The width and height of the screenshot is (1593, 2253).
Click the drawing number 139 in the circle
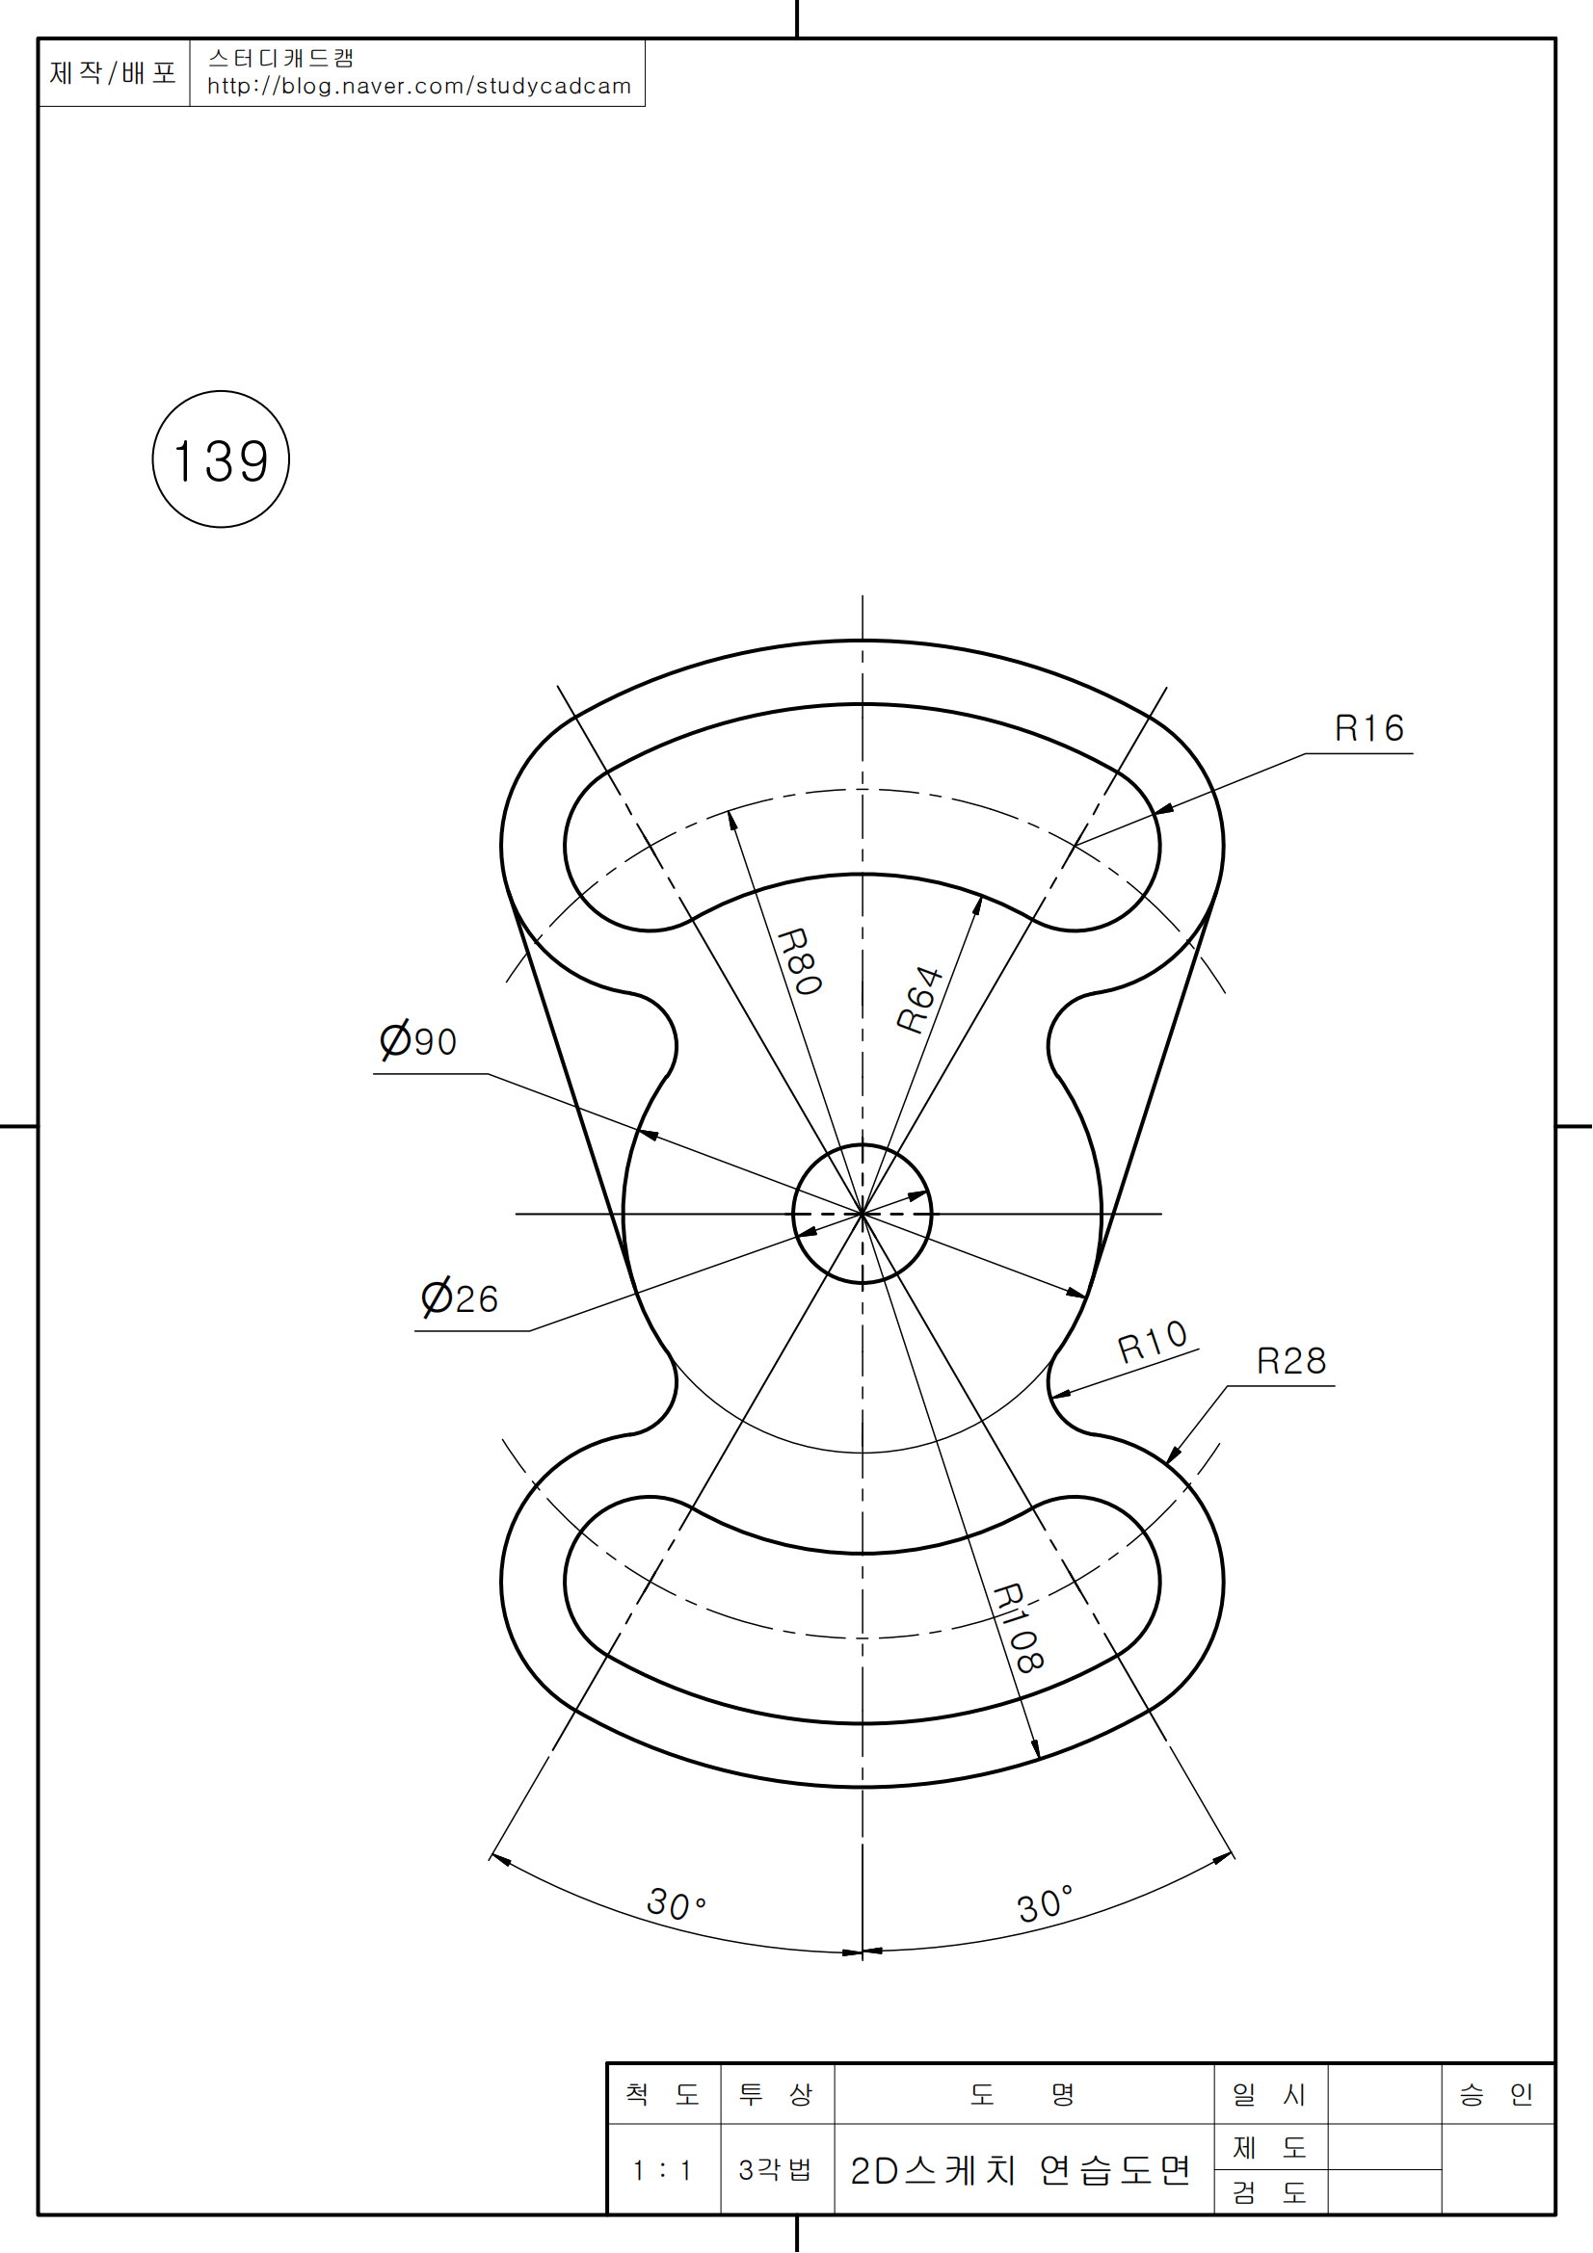tap(221, 461)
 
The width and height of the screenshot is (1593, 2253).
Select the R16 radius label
tap(1369, 728)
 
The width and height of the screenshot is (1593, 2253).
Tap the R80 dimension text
tap(800, 961)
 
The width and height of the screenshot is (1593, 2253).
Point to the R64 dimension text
tap(919, 1000)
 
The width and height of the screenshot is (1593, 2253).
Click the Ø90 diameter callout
tap(418, 1040)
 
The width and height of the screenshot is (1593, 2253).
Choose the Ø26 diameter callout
tap(460, 1298)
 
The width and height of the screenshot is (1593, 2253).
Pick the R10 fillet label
tap(1154, 1342)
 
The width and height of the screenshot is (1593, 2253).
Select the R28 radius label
tap(1291, 1361)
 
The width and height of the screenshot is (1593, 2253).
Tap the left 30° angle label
tap(677, 1903)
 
